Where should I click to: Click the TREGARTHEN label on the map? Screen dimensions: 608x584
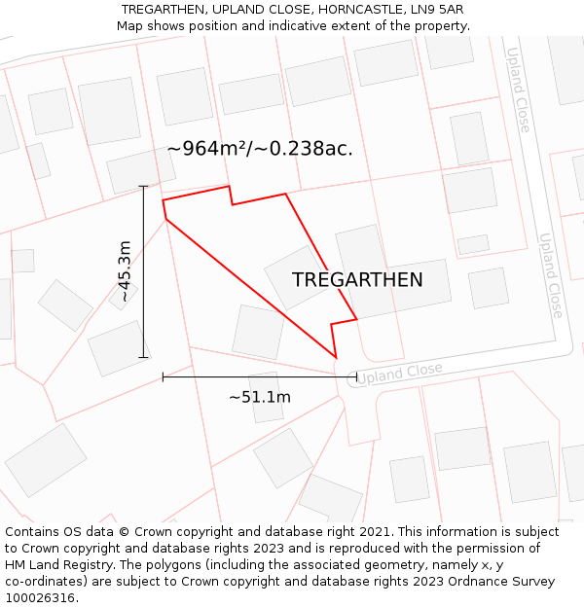[x=357, y=280]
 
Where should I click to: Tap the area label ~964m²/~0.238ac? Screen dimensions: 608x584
[x=260, y=149]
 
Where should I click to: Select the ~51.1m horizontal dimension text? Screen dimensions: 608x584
[x=260, y=397]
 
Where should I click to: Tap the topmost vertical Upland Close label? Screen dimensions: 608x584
[x=518, y=89]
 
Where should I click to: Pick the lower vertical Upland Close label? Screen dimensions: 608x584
[x=550, y=275]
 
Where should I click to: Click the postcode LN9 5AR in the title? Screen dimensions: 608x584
[x=432, y=10]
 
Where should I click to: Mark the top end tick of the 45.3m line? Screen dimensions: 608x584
[x=144, y=186]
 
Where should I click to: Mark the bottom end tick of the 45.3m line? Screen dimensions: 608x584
[x=144, y=357]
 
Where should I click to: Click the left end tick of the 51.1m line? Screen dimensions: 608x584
[x=163, y=376]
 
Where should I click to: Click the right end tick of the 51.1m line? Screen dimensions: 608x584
[x=356, y=376]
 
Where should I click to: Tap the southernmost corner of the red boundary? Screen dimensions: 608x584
[x=337, y=358]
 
